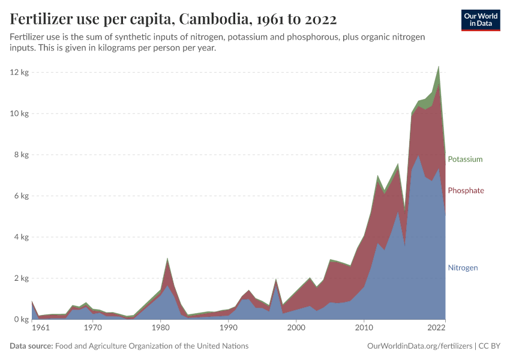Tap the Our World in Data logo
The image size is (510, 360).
(480, 20)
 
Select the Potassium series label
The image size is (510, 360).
(465, 159)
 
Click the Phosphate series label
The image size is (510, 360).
(466, 190)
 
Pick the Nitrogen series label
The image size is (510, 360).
(463, 268)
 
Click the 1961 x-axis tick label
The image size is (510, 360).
(40, 328)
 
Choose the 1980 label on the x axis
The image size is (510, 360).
(160, 328)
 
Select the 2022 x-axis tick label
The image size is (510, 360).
(436, 328)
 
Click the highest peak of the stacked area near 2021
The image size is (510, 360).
(439, 67)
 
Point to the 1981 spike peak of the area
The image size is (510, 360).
(167, 259)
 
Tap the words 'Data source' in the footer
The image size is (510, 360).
(31, 346)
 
